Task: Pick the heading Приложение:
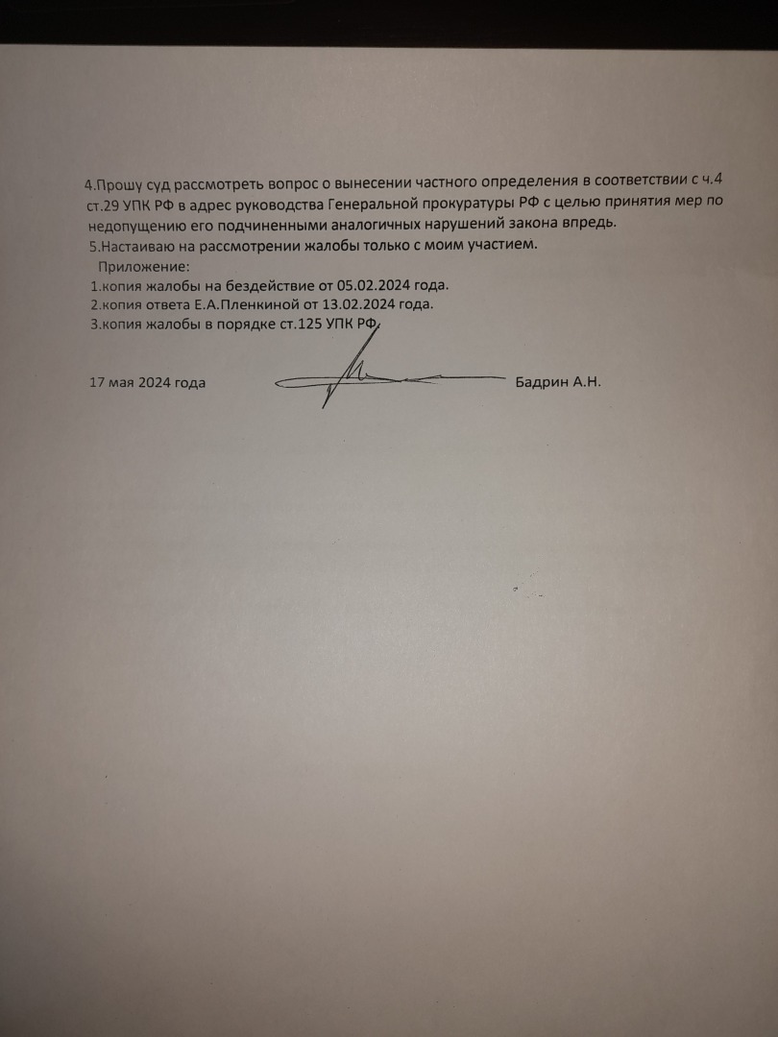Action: [145, 265]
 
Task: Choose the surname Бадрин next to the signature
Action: [542, 381]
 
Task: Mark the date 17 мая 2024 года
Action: [147, 382]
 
